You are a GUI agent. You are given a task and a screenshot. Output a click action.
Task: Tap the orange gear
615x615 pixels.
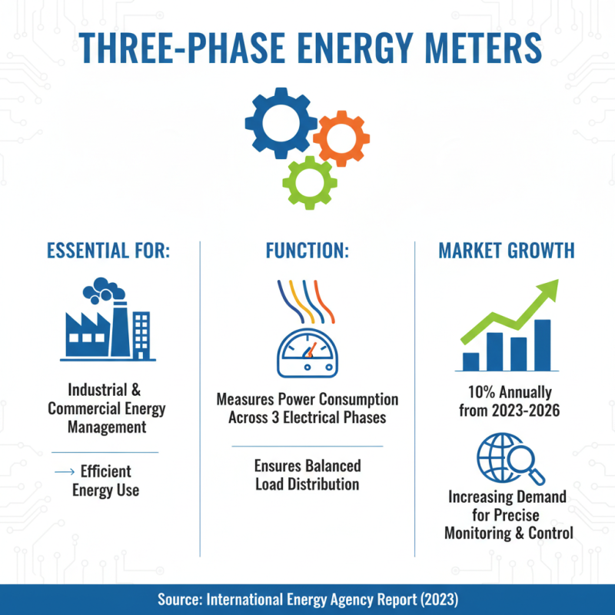point(341,138)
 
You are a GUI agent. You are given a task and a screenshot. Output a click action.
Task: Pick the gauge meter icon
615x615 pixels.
point(307,352)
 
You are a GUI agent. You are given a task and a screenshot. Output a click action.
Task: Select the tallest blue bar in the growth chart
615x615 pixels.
point(542,344)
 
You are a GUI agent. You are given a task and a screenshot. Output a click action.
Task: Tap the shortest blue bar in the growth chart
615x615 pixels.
point(470,361)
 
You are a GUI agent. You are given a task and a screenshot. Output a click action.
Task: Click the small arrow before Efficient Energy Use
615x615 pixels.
point(66,470)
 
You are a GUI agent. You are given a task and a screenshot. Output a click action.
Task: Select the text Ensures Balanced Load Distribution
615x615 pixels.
point(307,475)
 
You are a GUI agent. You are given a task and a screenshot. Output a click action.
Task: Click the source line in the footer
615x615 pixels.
point(307,599)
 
